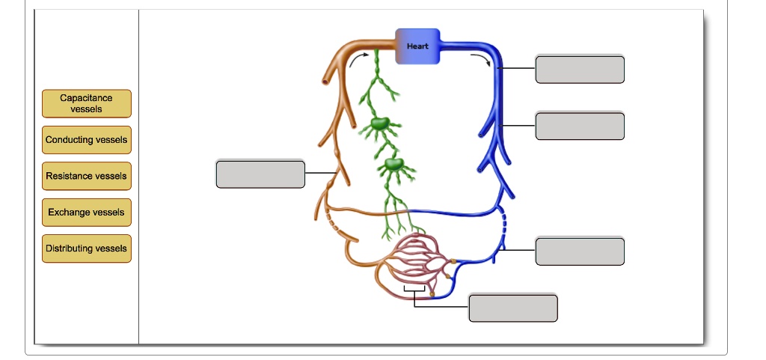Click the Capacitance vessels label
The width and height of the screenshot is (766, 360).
pos(86,103)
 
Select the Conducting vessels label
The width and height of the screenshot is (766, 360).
pos(86,140)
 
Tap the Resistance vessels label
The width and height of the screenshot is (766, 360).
pos(86,176)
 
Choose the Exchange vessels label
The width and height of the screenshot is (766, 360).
pos(86,213)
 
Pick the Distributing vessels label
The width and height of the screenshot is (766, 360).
pos(86,248)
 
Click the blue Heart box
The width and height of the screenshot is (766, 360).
pos(417,46)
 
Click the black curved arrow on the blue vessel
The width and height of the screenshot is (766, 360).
pos(482,59)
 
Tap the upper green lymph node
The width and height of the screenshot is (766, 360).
pos(380,123)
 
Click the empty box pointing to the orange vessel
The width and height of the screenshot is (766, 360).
pos(260,174)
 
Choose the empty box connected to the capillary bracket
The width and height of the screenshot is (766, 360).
pos(513,308)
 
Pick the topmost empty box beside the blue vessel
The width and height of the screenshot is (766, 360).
pos(580,69)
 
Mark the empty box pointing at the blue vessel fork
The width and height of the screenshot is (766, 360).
pos(580,126)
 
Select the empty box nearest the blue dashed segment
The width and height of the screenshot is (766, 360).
pos(580,251)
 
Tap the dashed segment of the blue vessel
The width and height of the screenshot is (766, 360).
pos(505,225)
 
